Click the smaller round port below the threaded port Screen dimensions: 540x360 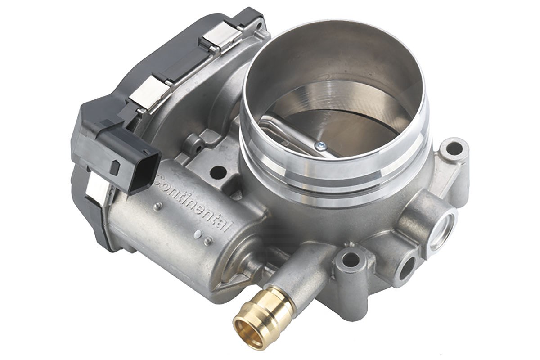[x=407, y=268]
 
